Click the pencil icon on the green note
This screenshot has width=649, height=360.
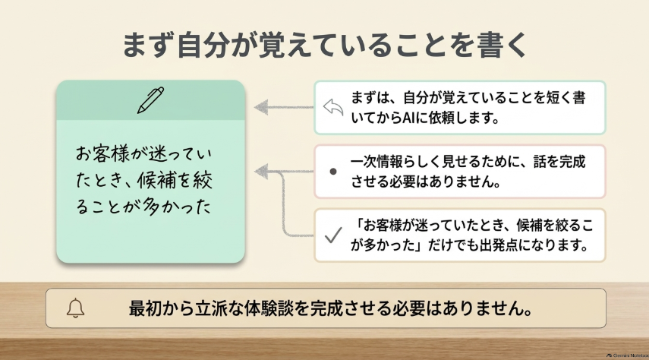[150, 99]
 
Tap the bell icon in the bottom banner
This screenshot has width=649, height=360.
[75, 308]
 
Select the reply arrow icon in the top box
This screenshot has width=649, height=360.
[333, 107]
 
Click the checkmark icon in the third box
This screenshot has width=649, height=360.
[333, 235]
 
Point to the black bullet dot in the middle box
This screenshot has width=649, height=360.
[332, 171]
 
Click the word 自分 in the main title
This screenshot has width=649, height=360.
[203, 45]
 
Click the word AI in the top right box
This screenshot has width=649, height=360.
[409, 118]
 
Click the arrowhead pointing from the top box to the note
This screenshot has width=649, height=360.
[261, 107]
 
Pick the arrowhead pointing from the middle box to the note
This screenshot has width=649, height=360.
[261, 171]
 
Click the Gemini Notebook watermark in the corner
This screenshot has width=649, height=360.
[628, 355]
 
